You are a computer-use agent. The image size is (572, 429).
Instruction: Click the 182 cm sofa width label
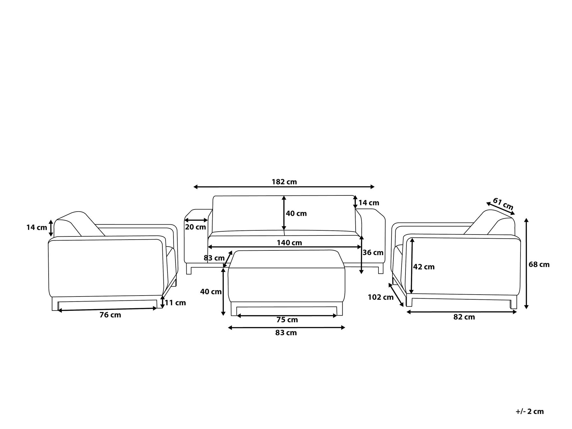pyautogui.click(x=284, y=182)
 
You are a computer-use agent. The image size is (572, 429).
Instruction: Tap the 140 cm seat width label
pyautogui.click(x=289, y=243)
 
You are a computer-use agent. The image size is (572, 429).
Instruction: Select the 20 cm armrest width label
pyautogui.click(x=195, y=227)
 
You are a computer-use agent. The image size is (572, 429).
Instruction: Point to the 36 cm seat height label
pyautogui.click(x=373, y=253)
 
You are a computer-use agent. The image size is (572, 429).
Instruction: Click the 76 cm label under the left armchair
pyautogui.click(x=110, y=315)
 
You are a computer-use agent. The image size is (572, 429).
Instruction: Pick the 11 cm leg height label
pyautogui.click(x=175, y=303)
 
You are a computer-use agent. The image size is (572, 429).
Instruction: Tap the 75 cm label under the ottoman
pyautogui.click(x=287, y=320)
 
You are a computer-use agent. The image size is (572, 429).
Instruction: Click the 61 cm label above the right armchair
pyautogui.click(x=503, y=204)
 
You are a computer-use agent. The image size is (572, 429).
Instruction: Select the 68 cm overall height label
pyautogui.click(x=539, y=264)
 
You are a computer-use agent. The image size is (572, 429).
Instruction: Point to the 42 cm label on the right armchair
pyautogui.click(x=424, y=267)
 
